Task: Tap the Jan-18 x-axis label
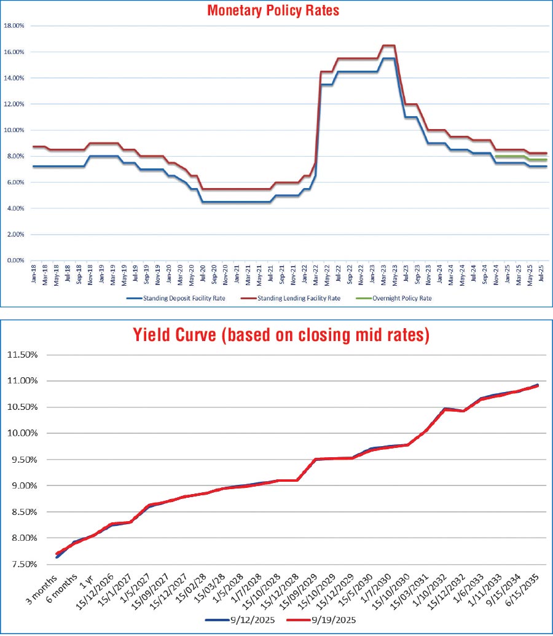[33, 274]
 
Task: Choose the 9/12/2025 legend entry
[244, 621]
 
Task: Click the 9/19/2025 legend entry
[334, 621]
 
